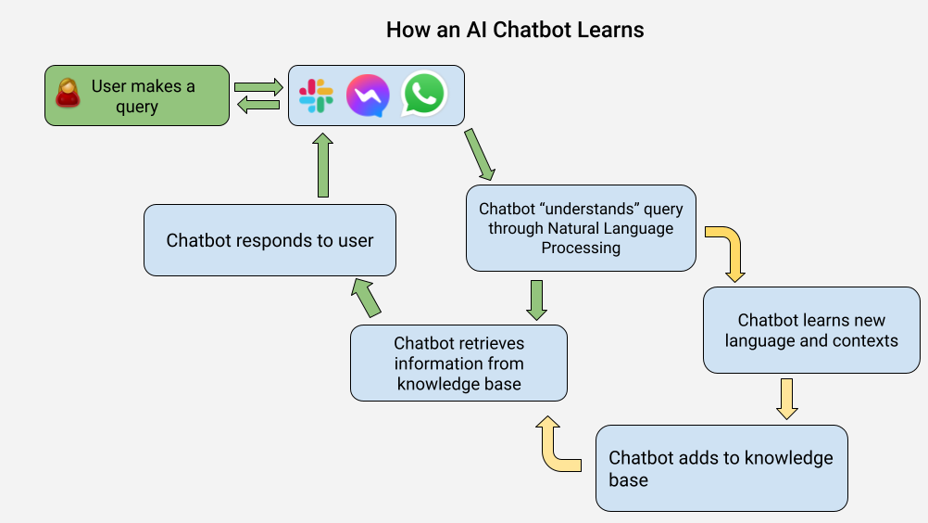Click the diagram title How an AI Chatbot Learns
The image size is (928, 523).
pos(515,30)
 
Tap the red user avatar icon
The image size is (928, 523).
pos(68,94)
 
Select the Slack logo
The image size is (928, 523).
pos(316,96)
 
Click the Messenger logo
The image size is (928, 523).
pos(368,96)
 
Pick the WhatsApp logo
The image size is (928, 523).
pos(424,94)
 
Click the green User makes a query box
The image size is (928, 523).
pos(137,96)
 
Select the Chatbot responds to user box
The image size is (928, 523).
pos(270,240)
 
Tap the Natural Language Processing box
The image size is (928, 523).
pos(581,228)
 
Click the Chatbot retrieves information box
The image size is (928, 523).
pos(458,364)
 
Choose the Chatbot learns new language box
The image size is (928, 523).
pos(811,330)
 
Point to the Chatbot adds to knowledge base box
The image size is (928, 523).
pos(721,468)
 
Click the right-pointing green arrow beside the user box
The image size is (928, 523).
pos(258,87)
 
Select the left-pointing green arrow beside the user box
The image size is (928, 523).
pos(258,105)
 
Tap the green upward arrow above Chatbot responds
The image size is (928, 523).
pos(322,165)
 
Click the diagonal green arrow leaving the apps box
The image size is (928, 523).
pos(480,155)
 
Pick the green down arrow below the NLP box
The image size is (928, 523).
pos(537,300)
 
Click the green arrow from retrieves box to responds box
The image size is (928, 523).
pos(366,298)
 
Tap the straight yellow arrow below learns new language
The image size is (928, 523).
pos(786,400)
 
